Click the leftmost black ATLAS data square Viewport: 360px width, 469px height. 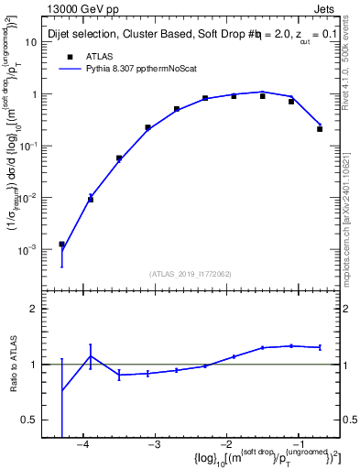pyautogui.click(x=61, y=245)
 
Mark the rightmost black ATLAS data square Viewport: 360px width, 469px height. pyautogui.click(x=320, y=129)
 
